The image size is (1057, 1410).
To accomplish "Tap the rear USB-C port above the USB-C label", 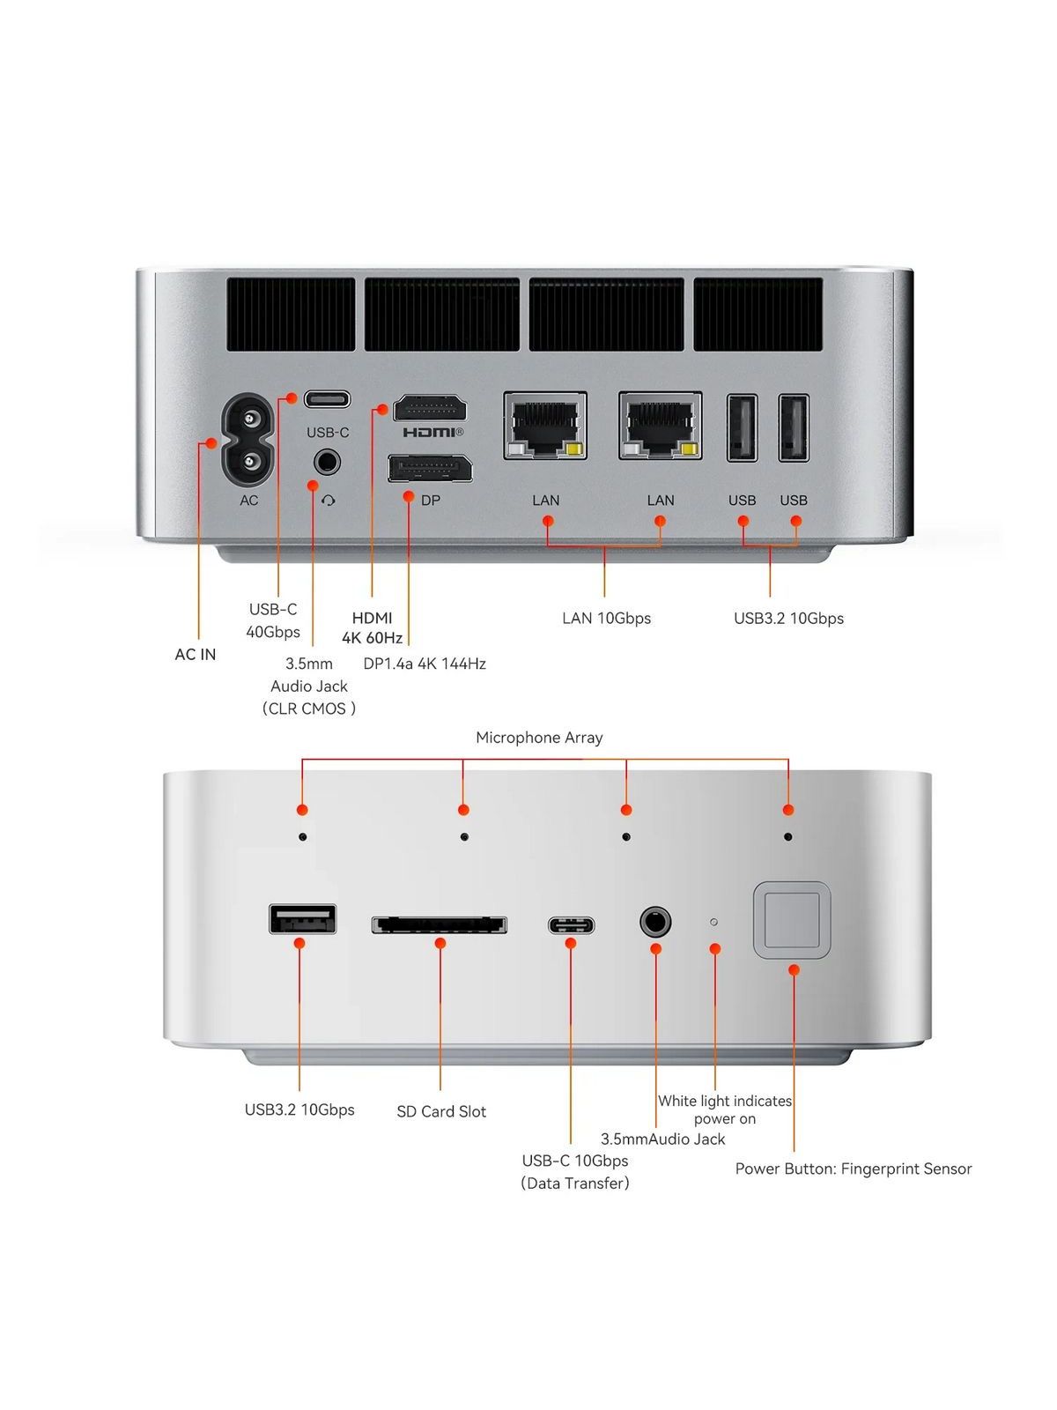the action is tap(328, 399).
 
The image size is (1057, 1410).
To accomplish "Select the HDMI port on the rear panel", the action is tap(429, 409).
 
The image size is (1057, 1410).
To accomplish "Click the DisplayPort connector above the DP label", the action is tap(430, 468).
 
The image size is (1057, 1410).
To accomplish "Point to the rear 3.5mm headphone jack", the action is tap(327, 462).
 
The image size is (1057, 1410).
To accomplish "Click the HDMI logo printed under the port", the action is tap(433, 433).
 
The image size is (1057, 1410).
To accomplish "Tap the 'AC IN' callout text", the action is tap(195, 654).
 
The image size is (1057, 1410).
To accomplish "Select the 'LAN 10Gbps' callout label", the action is tap(607, 618).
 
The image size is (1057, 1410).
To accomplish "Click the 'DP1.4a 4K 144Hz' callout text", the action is tap(425, 663).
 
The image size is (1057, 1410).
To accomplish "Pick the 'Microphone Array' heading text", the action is tap(539, 738).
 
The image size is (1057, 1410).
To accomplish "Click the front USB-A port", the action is tap(302, 918).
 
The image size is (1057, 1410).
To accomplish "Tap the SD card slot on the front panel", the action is tap(440, 925).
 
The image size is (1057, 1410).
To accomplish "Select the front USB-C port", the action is tap(571, 925).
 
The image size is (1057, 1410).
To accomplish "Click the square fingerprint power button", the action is tap(792, 920).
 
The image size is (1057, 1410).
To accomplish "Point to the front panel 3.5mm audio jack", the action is tap(655, 923).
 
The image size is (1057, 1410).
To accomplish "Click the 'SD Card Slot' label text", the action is tap(441, 1111).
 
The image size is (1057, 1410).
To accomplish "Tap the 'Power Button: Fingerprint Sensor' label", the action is tap(853, 1169).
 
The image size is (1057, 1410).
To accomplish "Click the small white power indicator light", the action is tap(713, 922).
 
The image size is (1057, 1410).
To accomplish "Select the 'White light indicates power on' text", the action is tap(725, 1109).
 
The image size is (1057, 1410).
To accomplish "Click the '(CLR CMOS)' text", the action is tap(308, 709).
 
